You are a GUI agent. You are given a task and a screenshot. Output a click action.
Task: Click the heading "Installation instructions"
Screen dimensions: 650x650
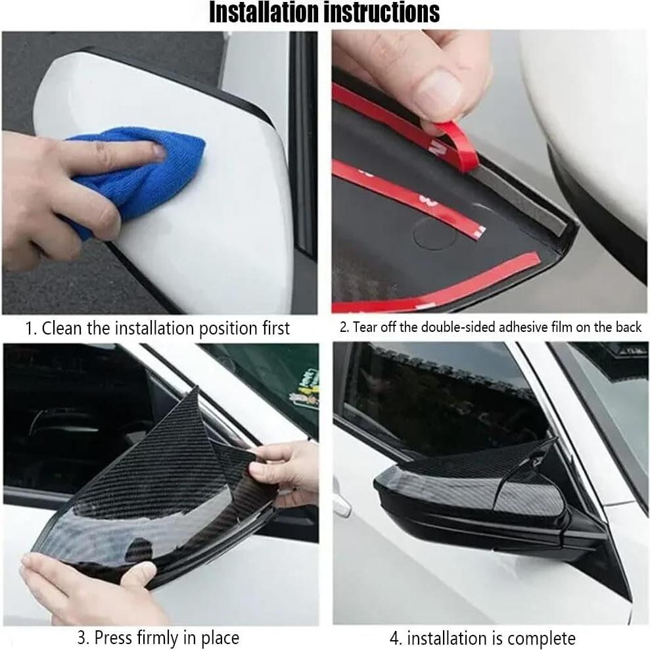click(324, 12)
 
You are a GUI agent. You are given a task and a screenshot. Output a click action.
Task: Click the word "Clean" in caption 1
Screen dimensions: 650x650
click(62, 328)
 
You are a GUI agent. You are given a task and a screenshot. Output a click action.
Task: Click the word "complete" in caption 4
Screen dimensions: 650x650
click(544, 638)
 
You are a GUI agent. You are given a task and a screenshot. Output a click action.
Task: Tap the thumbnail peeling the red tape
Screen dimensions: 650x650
click(440, 95)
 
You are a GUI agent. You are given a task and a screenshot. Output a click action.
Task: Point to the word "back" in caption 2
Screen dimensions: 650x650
click(628, 327)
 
